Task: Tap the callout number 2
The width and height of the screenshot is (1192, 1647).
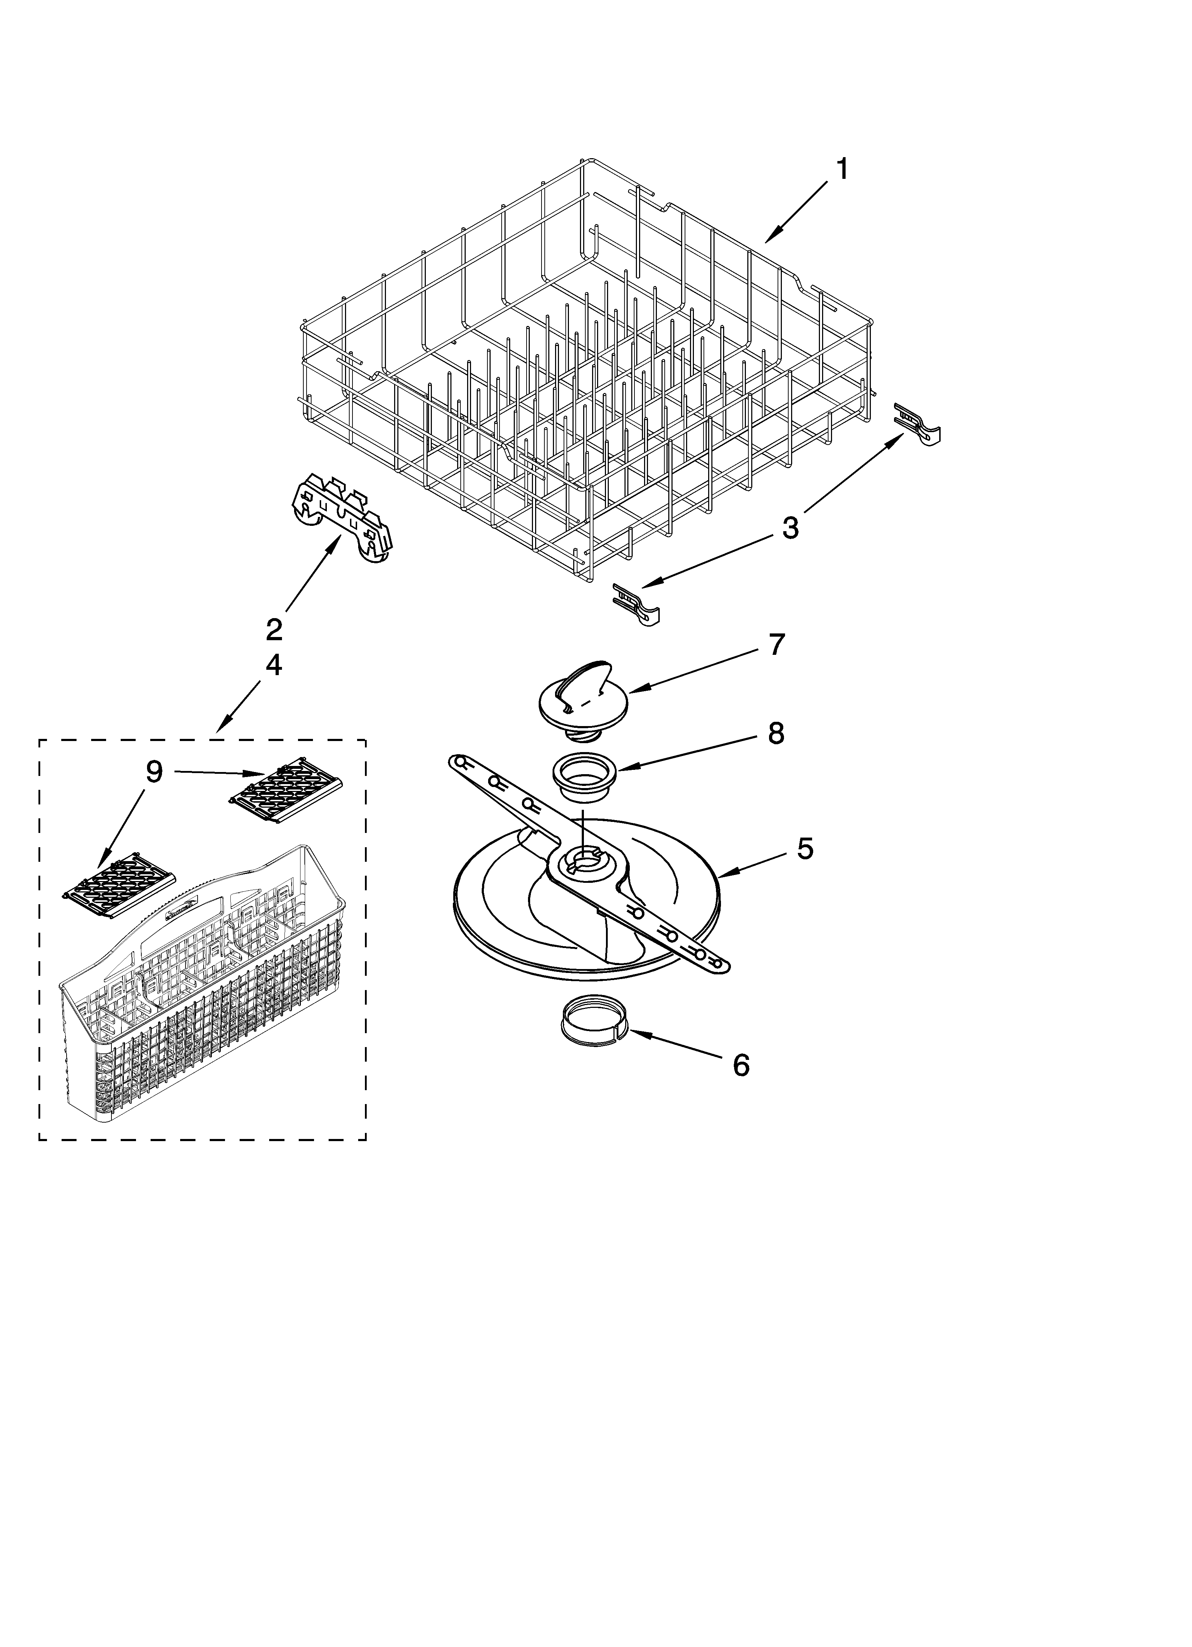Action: [274, 629]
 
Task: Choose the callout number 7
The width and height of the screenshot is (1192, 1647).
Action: [776, 644]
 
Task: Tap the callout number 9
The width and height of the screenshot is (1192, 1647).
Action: [154, 772]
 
